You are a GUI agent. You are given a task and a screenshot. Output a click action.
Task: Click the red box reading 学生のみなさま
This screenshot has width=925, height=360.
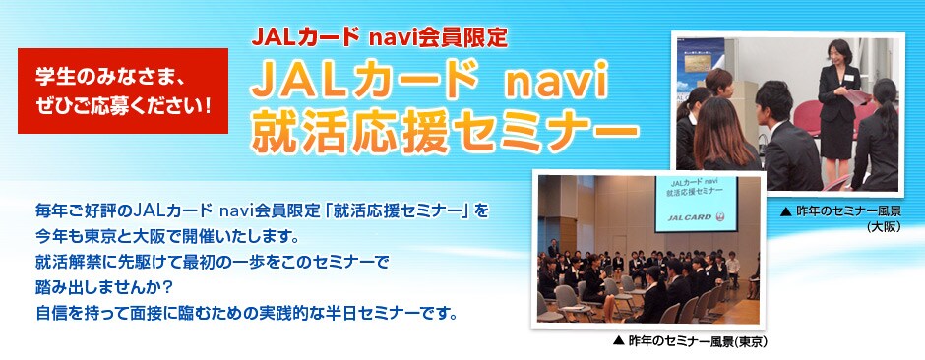click(x=123, y=90)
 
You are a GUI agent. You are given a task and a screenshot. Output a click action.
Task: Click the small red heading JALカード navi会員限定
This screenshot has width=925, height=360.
click(x=379, y=37)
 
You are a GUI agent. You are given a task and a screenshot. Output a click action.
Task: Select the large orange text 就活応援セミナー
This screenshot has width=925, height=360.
click(x=444, y=133)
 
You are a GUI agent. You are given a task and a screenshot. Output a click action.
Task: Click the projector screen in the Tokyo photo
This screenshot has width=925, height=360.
click(x=696, y=204)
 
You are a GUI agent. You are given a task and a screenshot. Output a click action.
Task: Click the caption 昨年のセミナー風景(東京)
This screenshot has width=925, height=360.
click(x=689, y=341)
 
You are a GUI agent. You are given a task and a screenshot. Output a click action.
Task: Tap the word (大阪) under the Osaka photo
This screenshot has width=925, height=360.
click(x=884, y=225)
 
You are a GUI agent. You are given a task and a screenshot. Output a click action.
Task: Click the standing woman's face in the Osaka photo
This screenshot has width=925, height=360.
click(x=835, y=55)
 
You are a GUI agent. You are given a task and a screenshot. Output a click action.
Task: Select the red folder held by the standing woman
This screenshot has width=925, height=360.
click(x=856, y=97)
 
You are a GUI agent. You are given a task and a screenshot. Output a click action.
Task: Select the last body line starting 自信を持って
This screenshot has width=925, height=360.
click(x=246, y=311)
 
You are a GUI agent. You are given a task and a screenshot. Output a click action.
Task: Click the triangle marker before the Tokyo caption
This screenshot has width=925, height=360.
click(x=618, y=341)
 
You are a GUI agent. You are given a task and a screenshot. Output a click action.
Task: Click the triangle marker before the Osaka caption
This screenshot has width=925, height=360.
click(x=784, y=210)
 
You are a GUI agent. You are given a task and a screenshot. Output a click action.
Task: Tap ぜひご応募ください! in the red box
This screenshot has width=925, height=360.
click(x=123, y=106)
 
